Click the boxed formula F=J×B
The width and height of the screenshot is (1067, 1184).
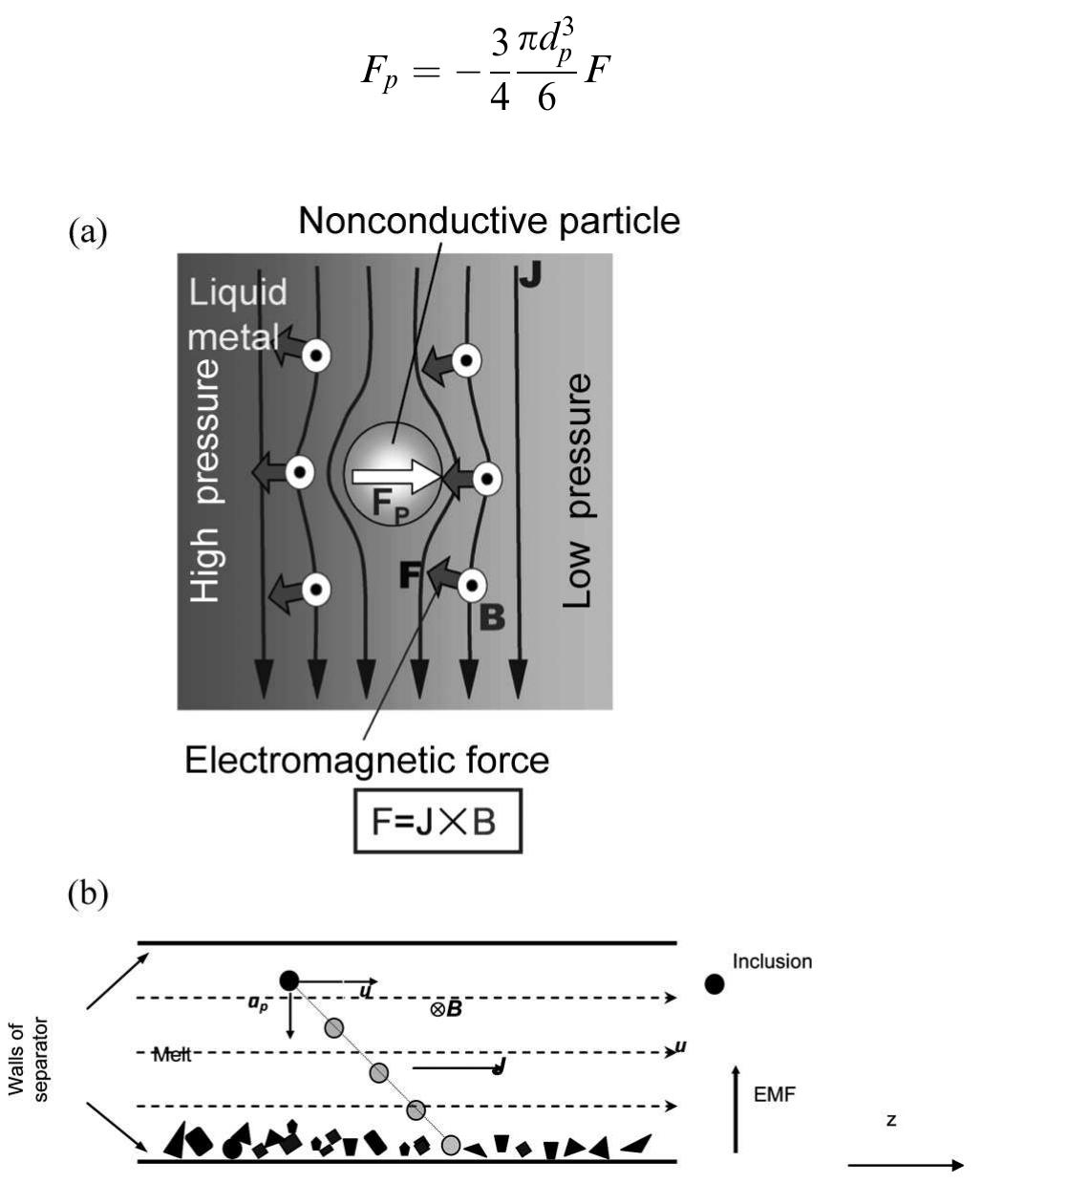pos(437,821)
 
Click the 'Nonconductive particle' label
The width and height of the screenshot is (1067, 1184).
pos(489,221)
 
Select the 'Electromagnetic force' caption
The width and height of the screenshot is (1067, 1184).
pos(367,761)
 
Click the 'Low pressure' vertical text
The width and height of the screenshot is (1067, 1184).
pos(577,490)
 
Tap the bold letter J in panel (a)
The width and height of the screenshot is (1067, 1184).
pos(530,275)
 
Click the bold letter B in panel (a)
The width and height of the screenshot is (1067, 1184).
pos(491,618)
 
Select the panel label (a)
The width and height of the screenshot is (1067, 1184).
pos(88,231)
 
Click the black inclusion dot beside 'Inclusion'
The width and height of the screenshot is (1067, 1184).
pos(715,983)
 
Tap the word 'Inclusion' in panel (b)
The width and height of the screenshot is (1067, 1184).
pos(772,961)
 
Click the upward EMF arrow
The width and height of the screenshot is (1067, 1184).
pos(736,1109)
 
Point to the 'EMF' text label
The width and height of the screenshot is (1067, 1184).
pos(774,1094)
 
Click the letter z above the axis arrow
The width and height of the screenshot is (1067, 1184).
pos(891,1119)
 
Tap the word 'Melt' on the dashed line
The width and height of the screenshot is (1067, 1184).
pos(173,1054)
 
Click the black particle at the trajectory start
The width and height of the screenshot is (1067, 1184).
pos(288,980)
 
